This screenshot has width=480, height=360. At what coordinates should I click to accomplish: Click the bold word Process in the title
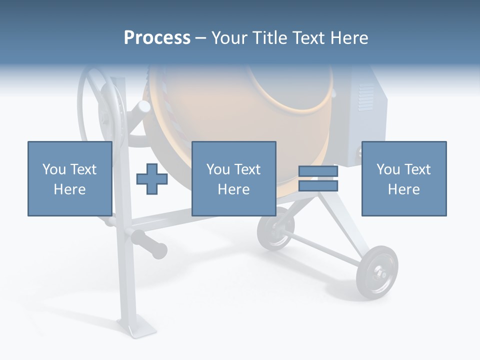157,38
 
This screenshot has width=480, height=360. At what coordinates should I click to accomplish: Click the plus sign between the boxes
152,178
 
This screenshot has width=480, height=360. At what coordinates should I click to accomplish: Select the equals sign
318,178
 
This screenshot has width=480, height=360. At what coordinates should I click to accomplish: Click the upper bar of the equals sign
318,171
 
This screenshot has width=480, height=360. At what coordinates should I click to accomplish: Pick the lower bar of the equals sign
318,186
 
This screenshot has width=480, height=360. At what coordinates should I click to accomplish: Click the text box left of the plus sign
69,178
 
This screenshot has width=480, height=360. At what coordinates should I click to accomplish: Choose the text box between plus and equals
233,178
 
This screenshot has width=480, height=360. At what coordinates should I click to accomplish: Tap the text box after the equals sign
403,178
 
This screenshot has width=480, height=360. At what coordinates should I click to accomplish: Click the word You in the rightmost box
387,169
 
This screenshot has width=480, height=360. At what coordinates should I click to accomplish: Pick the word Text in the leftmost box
83,169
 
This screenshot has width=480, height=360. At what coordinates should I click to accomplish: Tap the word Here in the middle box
233,189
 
